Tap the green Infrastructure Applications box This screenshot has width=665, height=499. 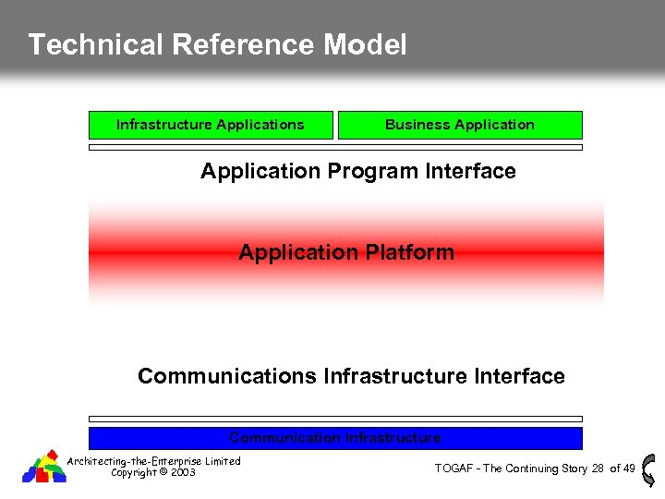pyautogui.click(x=211, y=125)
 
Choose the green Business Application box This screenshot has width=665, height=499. pyautogui.click(x=460, y=125)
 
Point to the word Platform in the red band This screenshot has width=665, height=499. pyautogui.click(x=408, y=252)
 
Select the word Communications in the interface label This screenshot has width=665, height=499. pyautogui.click(x=227, y=376)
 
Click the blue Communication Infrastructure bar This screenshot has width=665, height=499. pyautogui.click(x=335, y=437)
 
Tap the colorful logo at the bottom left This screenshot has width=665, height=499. pyautogui.click(x=44, y=466)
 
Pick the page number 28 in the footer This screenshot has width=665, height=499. pyautogui.click(x=598, y=469)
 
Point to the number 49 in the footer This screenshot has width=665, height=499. pyautogui.click(x=629, y=469)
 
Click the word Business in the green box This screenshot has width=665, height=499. pyautogui.click(x=414, y=125)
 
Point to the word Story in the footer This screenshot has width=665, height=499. pyautogui.click(x=573, y=469)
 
